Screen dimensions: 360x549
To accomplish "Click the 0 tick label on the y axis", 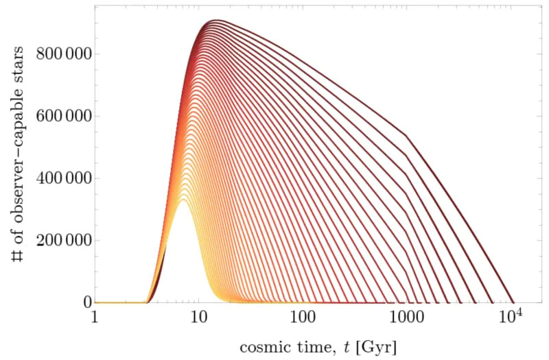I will pos(86,302).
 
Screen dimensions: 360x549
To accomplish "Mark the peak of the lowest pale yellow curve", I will pos(183,200).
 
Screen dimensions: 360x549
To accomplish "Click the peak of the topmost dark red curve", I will pos(216,21).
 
